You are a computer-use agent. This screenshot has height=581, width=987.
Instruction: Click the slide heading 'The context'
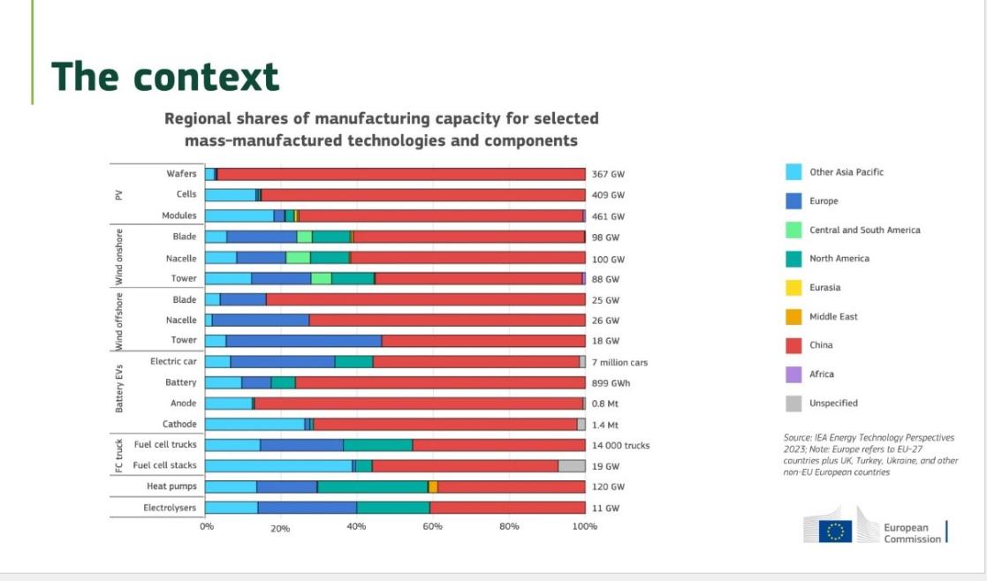165,77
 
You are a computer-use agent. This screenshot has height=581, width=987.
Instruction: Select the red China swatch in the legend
793,345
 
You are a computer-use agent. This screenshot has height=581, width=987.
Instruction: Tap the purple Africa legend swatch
793,374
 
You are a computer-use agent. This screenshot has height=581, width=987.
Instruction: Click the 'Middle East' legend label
833,316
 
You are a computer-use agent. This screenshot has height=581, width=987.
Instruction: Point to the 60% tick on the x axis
432,527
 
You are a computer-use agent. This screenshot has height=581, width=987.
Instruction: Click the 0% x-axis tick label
206,527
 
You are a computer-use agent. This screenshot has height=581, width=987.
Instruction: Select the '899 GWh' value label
611,383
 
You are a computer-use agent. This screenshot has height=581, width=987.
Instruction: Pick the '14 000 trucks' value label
620,445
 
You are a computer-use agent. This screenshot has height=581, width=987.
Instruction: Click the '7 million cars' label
619,362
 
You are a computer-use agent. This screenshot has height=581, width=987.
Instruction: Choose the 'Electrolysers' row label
170,507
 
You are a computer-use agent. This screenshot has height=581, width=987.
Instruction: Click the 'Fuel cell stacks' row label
165,465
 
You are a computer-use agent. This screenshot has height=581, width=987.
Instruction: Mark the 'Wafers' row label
181,174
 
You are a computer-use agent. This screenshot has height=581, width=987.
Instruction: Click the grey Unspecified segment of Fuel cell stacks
572,465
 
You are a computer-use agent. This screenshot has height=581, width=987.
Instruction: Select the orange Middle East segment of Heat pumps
433,487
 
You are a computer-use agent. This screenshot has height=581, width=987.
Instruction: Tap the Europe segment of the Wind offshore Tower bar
304,341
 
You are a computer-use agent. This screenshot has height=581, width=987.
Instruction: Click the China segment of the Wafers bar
400,174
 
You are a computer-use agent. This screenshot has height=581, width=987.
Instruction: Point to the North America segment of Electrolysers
393,507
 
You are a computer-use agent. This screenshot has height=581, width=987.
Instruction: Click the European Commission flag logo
834,531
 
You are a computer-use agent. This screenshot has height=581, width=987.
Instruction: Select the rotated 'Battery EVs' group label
119,382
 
